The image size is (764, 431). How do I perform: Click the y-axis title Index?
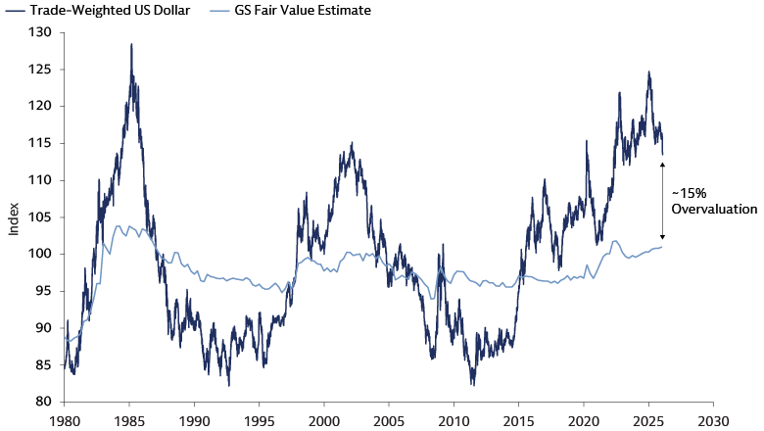click(14, 217)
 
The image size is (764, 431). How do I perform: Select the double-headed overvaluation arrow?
click(662, 201)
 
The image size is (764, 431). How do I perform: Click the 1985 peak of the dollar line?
click(131, 45)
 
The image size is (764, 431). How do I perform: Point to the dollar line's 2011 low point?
click(473, 384)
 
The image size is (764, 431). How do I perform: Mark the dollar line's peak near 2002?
click(352, 143)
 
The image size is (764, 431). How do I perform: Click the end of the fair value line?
click(662, 246)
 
